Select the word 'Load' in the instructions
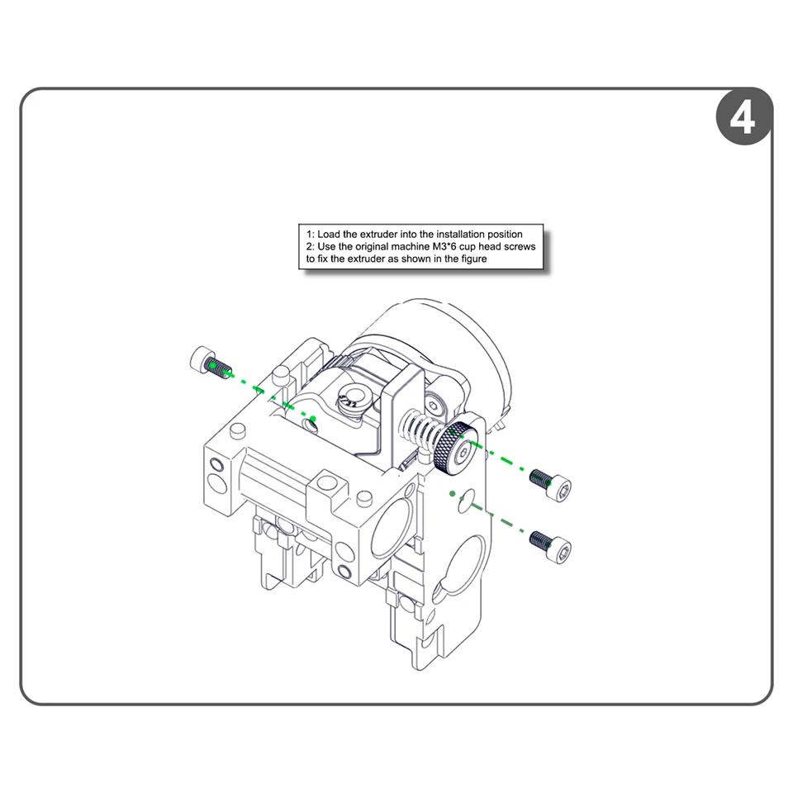point(330,235)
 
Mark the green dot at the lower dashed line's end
point(453,494)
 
